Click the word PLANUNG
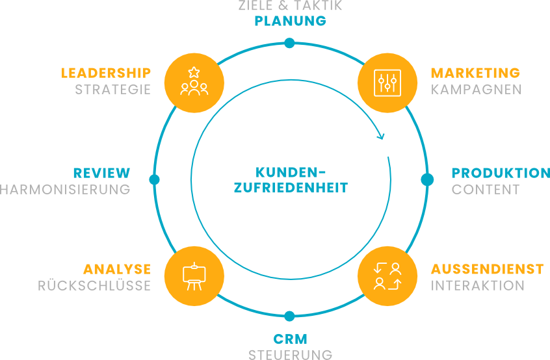click(290, 21)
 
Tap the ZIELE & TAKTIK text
click(290, 6)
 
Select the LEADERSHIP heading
click(106, 73)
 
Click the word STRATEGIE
click(112, 90)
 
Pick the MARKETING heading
click(475, 73)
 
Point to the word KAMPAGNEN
click(477, 90)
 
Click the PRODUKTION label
click(501, 173)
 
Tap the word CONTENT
click(486, 190)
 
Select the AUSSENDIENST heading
click(487, 269)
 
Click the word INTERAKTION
click(478, 286)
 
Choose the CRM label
click(290, 339)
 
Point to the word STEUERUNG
click(290, 355)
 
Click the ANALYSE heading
click(117, 269)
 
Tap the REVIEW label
click(101, 173)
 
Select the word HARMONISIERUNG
click(65, 190)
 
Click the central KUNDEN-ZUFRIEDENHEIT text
click(291, 181)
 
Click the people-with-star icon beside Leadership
click(194, 81)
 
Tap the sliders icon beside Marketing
click(387, 82)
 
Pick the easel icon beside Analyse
click(194, 276)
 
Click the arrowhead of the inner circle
click(381, 137)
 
